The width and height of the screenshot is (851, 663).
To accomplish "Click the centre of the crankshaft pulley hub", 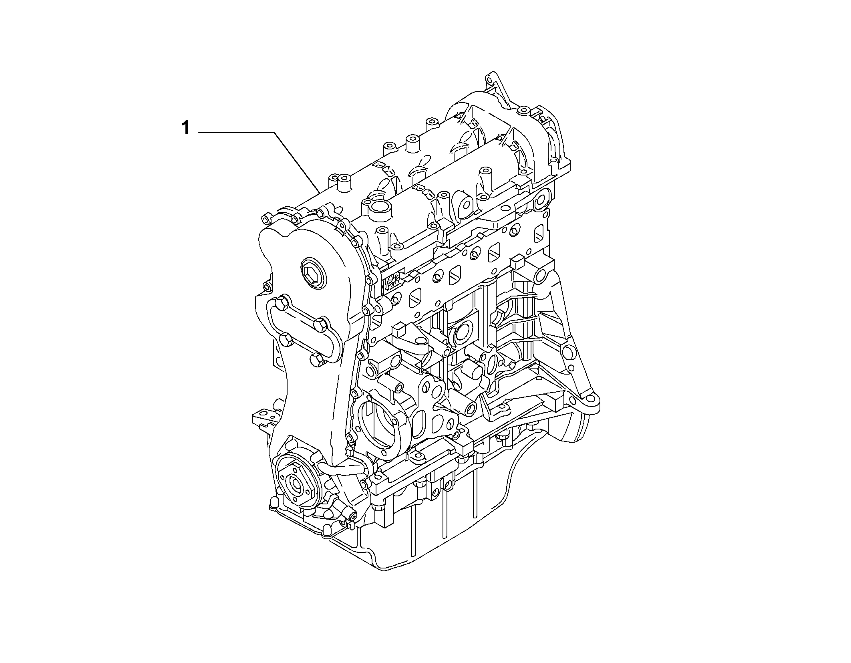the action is (x=297, y=485).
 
